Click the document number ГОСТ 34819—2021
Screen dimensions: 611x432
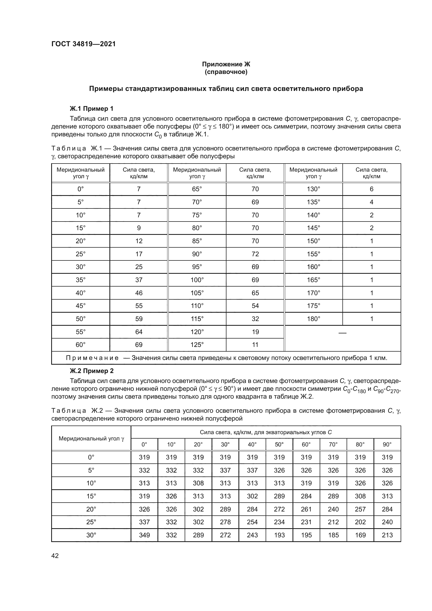pyautogui.click(x=84, y=44)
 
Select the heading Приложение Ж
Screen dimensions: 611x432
pyautogui.click(x=226, y=64)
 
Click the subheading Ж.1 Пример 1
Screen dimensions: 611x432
pyautogui.click(x=91, y=109)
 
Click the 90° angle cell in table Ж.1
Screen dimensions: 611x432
pyautogui.click(x=197, y=254)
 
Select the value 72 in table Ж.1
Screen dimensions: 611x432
pyautogui.click(x=255, y=254)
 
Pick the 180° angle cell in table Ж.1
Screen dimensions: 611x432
pyautogui.click(x=313, y=319)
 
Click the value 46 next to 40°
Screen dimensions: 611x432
pyautogui.click(x=139, y=293)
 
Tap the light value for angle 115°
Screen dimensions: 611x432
pyautogui.click(x=255, y=319)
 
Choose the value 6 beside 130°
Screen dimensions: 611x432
pyautogui.click(x=371, y=189)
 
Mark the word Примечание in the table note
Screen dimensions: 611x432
pyautogui.click(x=92, y=358)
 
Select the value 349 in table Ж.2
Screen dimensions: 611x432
pyautogui.click(x=144, y=535)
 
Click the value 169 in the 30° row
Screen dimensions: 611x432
pyautogui.click(x=360, y=535)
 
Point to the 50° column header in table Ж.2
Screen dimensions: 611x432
pyautogui.click(x=279, y=444)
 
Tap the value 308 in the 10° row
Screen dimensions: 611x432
pyautogui.click(x=198, y=483)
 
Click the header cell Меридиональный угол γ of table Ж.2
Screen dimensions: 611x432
pyautogui.click(x=91, y=438)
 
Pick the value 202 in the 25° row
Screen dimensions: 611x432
pyautogui.click(x=360, y=522)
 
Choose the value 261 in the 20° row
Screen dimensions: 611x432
pyautogui.click(x=306, y=509)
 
